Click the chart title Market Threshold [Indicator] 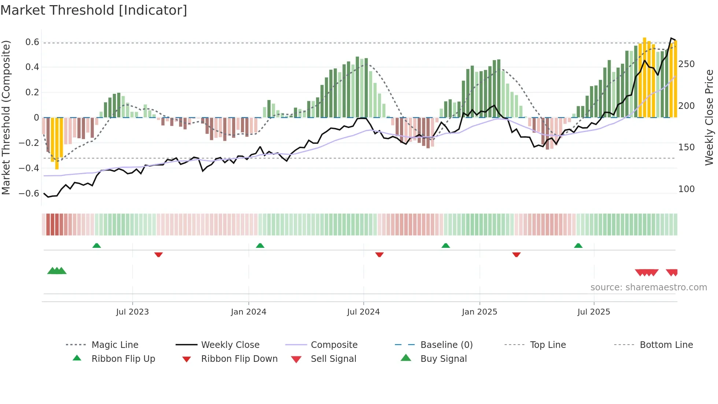94,10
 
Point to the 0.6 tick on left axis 32,42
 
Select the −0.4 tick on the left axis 29,168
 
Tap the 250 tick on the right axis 686,64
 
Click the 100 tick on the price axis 686,189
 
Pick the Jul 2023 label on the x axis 132,312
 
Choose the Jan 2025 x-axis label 480,312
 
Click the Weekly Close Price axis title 709,117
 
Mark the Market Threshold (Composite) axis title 6,117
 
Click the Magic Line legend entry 115,345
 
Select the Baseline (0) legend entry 446,345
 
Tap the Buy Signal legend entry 443,359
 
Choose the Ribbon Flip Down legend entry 239,359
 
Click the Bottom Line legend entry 666,345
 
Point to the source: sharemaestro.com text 648,287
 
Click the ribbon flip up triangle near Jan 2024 260,246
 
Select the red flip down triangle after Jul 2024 380,254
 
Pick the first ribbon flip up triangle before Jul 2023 97,246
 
